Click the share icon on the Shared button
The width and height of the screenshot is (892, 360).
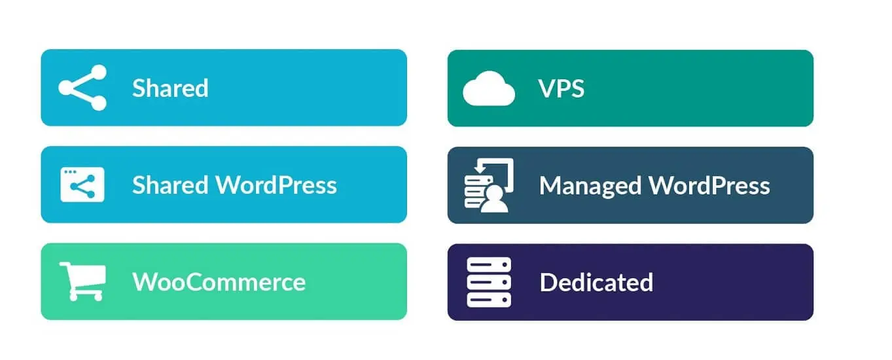coord(82,88)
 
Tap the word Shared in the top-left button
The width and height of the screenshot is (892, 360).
coord(170,88)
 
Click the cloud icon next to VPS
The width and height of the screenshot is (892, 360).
coord(489,88)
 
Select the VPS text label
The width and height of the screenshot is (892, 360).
coord(561,88)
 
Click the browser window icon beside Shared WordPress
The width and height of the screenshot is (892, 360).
coord(82,185)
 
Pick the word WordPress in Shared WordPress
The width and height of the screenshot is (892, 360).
coord(276,185)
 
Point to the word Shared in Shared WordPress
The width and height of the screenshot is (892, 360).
coord(170,185)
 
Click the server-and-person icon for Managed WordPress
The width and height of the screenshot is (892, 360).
coord(489,185)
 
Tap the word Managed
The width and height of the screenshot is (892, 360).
coord(590,187)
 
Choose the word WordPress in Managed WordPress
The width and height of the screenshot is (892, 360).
coord(709,186)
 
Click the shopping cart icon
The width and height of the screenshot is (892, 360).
coord(83,281)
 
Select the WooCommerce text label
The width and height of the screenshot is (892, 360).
coord(219,282)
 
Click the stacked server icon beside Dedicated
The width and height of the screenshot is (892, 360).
coord(489,282)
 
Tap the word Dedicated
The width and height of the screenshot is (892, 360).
coord(597,282)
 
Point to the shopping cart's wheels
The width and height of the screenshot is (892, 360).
coord(86,297)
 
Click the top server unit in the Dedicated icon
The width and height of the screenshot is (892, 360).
coord(489,265)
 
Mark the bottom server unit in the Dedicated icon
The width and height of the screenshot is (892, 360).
coord(489,300)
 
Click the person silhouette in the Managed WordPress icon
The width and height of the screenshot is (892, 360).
coord(494,199)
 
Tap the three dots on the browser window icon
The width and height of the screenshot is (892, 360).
coord(70,172)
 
